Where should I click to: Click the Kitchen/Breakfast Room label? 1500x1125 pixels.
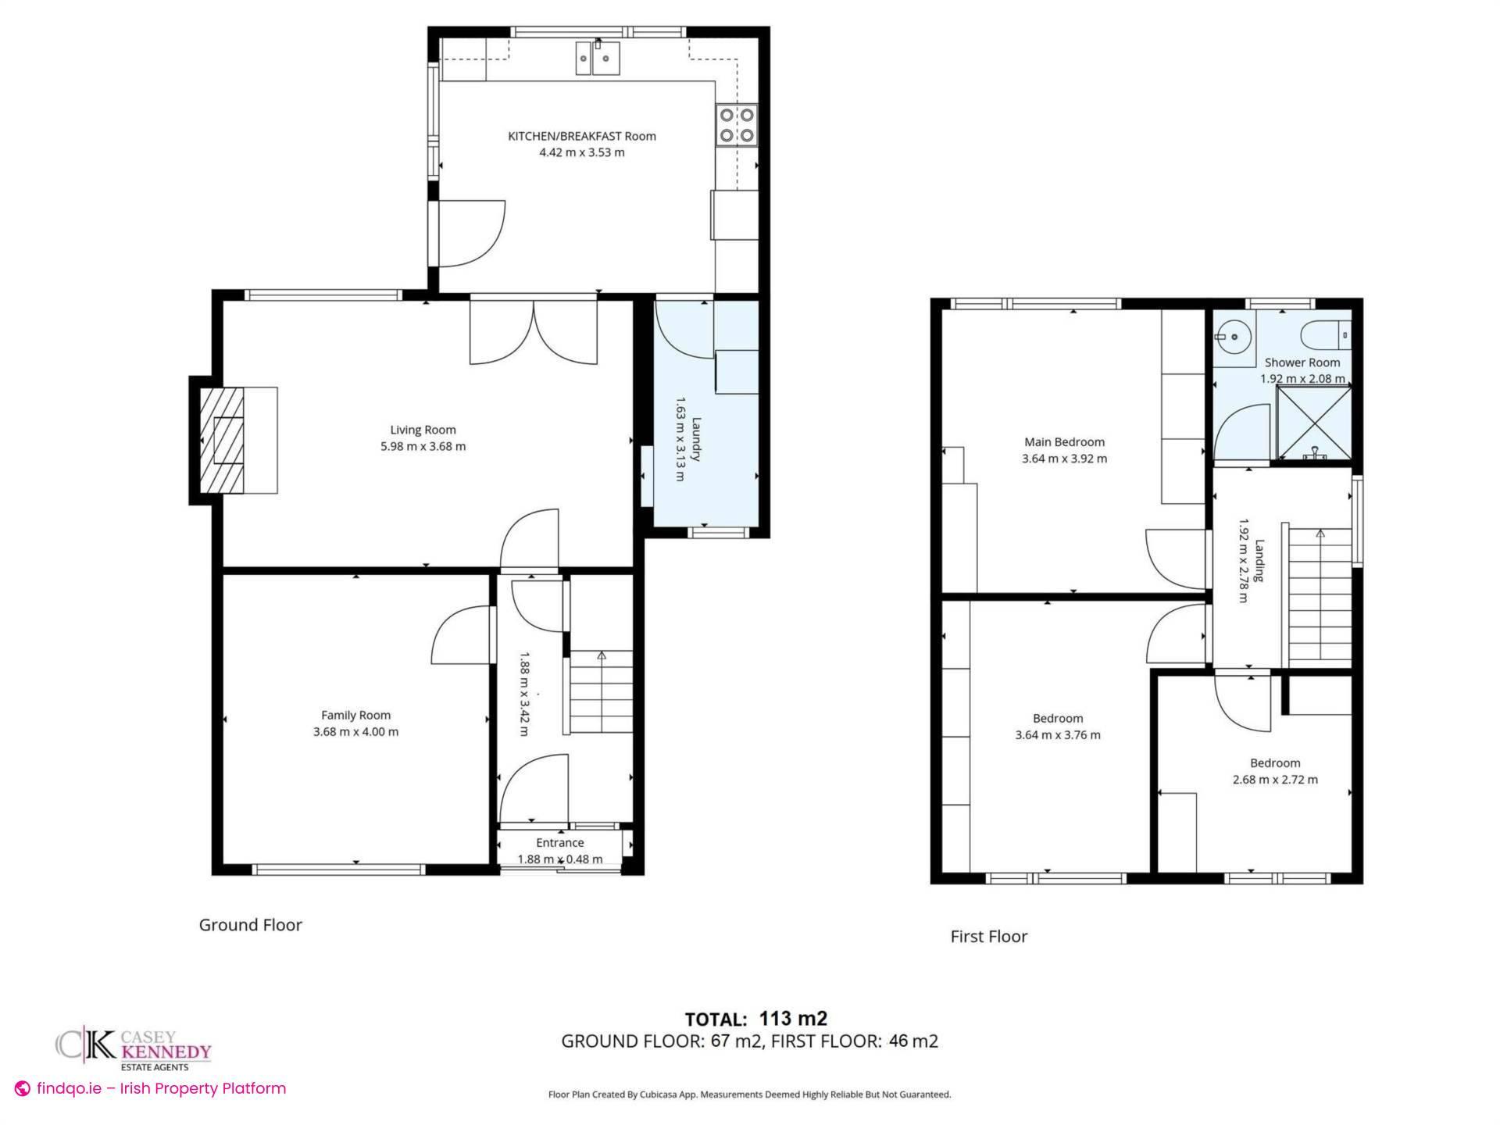pyautogui.click(x=581, y=136)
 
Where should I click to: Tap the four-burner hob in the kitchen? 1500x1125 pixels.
pyautogui.click(x=737, y=125)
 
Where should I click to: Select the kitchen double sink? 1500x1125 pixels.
pyautogui.click(x=598, y=59)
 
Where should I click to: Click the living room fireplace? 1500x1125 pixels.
pyautogui.click(x=228, y=441)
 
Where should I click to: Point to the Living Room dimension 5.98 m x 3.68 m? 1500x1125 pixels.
pyautogui.click(x=423, y=447)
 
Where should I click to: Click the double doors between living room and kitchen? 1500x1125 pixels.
pyautogui.click(x=534, y=331)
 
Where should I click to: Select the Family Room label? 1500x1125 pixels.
pyautogui.click(x=355, y=715)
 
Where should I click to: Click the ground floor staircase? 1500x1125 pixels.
pyautogui.click(x=600, y=692)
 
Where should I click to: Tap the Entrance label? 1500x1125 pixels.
pyautogui.click(x=559, y=842)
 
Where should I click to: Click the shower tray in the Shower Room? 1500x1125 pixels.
pyautogui.click(x=1313, y=423)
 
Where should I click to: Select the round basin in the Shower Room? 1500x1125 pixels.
pyautogui.click(x=1234, y=337)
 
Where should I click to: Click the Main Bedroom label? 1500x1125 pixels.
pyautogui.click(x=1064, y=442)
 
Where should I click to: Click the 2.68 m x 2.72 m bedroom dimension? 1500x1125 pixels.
pyautogui.click(x=1275, y=780)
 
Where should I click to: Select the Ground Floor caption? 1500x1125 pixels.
pyautogui.click(x=250, y=925)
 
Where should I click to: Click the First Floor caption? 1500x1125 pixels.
pyautogui.click(x=988, y=937)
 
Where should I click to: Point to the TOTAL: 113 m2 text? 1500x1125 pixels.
pyautogui.click(x=755, y=1019)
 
